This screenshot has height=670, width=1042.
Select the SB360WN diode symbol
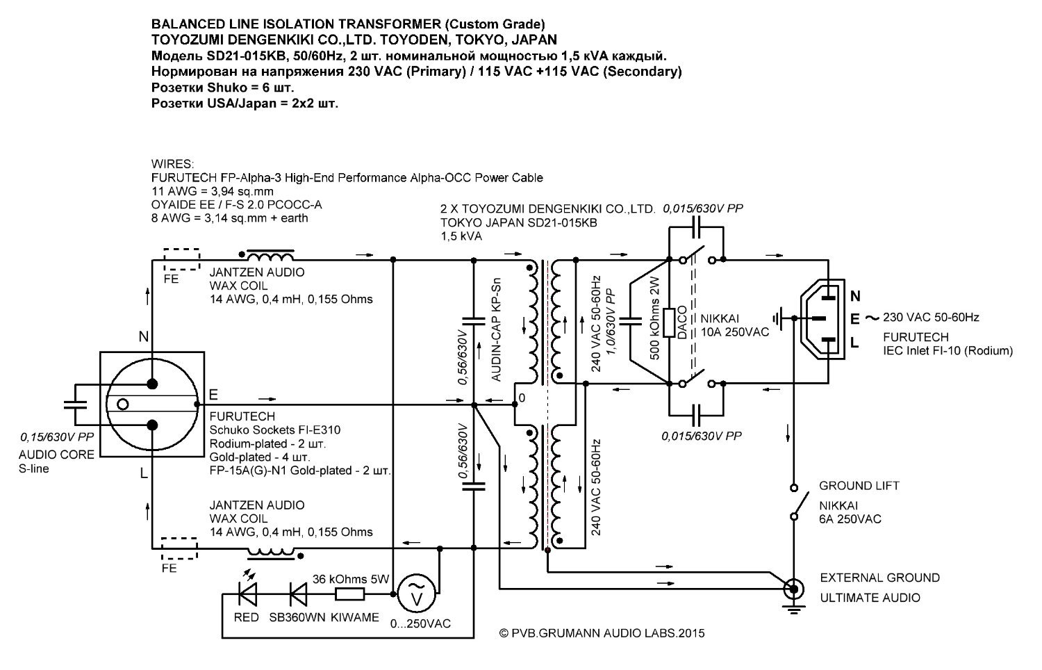coord(298,594)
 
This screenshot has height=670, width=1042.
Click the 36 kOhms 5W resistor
coord(350,594)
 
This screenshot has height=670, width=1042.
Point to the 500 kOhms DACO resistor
coord(669,322)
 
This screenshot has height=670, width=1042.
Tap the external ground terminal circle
coord(793,590)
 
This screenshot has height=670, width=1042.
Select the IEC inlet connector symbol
coord(822,319)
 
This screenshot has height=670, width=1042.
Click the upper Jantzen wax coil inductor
coord(270,255)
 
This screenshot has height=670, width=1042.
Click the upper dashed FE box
coord(181,259)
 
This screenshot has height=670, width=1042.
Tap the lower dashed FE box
coord(179,548)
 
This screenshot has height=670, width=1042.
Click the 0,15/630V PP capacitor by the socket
coord(75,405)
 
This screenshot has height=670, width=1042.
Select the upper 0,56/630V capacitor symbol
coord(474,321)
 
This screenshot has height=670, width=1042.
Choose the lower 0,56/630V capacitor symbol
coord(474,487)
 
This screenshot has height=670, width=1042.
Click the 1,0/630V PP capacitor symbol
coord(630,321)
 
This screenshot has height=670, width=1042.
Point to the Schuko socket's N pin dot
coord(152,384)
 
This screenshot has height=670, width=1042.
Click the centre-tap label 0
coord(522,398)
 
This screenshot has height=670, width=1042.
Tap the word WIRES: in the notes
coord(172,164)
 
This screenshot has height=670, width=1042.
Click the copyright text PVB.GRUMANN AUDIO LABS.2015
coord(608,633)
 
